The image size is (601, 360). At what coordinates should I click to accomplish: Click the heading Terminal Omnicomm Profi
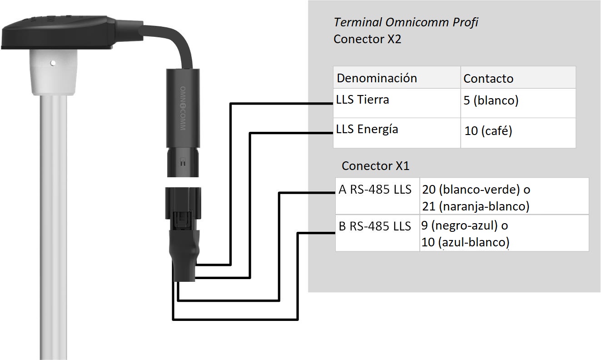point(406,22)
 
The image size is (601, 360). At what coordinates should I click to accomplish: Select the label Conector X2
point(367,39)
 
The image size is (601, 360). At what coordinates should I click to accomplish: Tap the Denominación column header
point(377,78)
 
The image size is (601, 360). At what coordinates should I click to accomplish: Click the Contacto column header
point(488,78)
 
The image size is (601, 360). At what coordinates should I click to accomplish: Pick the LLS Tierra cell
point(363,100)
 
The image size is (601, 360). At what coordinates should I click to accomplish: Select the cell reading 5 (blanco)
point(491,100)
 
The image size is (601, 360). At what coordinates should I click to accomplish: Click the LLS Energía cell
point(367,129)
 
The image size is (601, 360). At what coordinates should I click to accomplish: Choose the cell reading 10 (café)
point(488,131)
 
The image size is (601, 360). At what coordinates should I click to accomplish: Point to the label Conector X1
point(375,166)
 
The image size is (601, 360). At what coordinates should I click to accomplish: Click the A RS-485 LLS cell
point(375,190)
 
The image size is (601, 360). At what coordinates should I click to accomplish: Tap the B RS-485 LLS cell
point(375,226)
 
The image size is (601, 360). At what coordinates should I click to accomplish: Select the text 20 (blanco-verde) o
point(476,189)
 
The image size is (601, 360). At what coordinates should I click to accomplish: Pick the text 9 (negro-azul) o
point(464,225)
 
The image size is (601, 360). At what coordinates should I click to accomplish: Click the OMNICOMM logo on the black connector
point(183,108)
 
